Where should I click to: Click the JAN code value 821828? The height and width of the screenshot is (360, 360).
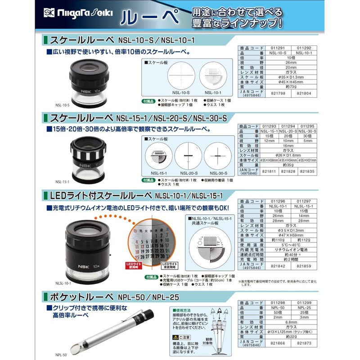pyautogui.click(x=288, y=172)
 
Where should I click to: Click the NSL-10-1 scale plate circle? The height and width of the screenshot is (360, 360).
pyautogui.click(x=213, y=74)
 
